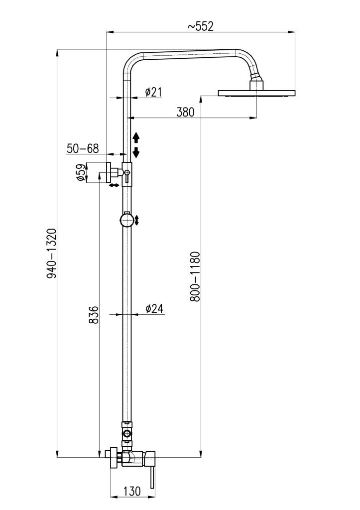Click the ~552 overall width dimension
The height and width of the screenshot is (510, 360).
[201, 26]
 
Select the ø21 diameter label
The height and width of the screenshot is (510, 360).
[153, 92]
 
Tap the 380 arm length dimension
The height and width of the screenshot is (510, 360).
[185, 112]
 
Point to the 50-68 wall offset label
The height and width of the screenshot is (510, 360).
[83, 148]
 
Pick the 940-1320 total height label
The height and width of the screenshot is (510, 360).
[52, 254]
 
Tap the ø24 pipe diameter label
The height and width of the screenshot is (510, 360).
[154, 309]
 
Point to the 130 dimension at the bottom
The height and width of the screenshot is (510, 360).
[132, 491]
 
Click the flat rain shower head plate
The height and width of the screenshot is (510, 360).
[256, 93]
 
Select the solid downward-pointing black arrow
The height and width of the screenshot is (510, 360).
[136, 152]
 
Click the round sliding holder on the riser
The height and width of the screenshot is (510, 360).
[126, 220]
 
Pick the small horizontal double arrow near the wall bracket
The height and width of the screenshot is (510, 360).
[114, 185]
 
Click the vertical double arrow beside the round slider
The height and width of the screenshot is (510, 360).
[137, 220]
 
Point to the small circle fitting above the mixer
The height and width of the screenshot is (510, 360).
[127, 433]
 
